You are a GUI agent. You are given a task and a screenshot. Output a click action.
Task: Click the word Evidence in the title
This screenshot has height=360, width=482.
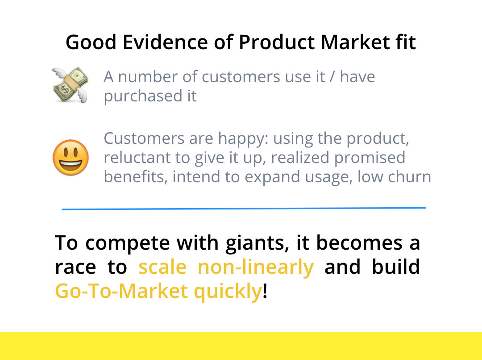(x=165, y=42)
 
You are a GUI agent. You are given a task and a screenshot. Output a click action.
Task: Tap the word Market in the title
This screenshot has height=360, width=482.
(x=355, y=42)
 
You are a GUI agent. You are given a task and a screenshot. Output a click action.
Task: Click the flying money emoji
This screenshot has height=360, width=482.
(x=71, y=84)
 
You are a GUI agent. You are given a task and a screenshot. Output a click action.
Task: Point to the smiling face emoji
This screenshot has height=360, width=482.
(x=71, y=158)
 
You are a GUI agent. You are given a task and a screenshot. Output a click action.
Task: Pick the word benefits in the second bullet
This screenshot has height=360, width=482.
(x=136, y=177)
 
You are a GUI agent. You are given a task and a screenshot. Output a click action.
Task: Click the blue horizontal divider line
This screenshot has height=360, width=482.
(x=244, y=209)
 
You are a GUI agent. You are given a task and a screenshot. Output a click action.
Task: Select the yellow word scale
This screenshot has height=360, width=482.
(x=162, y=267)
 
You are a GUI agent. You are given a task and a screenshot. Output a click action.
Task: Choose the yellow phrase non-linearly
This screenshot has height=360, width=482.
(x=255, y=268)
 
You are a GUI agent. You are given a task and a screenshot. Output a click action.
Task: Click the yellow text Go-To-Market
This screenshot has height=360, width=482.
(x=121, y=291)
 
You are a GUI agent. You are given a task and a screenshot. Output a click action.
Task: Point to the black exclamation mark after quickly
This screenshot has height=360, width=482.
(x=265, y=290)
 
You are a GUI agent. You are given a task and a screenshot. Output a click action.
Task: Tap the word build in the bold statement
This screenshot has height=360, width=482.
(x=395, y=267)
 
